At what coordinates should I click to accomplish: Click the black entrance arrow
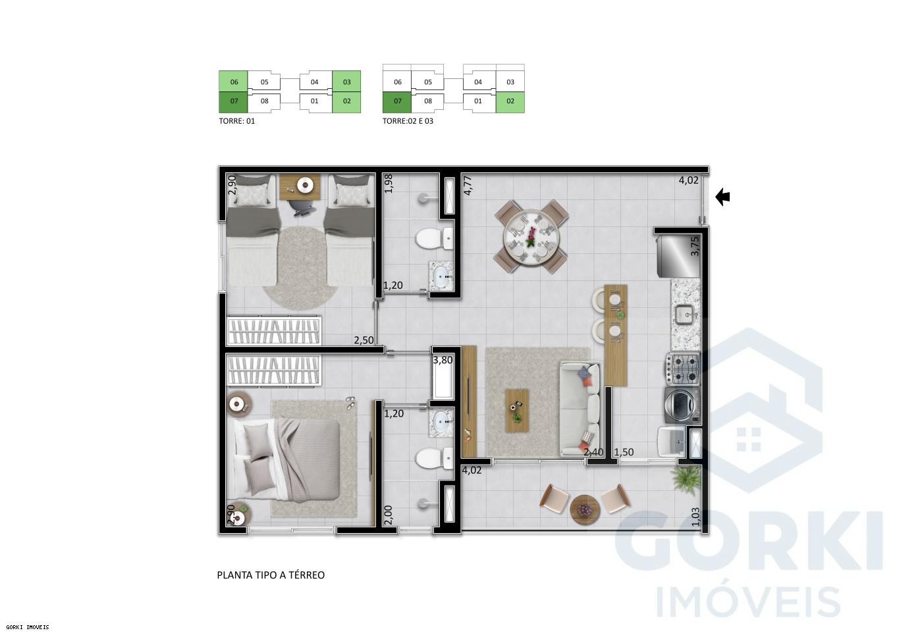coord(722,197)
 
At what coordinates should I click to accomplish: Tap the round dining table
coord(530,238)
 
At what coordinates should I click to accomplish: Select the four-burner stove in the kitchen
coord(682,369)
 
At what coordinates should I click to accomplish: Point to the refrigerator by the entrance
coord(677,254)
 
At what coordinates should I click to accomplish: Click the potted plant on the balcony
coord(686,479)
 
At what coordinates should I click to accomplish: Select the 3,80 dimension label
coord(443,360)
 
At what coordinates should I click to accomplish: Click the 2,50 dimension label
coord(364,340)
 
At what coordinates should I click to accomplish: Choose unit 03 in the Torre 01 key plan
coord(346,82)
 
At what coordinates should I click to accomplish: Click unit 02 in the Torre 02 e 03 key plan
coord(510,101)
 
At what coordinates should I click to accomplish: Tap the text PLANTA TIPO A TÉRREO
coord(271,575)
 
